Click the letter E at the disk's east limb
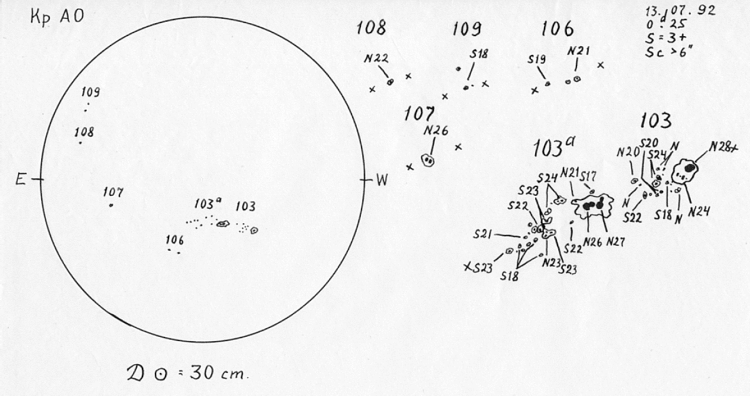(x=21, y=180)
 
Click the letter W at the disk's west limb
(x=382, y=181)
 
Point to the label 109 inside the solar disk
(x=91, y=92)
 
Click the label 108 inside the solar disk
(x=84, y=132)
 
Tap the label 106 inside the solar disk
(x=174, y=240)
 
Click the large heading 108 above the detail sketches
(x=372, y=28)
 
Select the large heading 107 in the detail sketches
(x=419, y=115)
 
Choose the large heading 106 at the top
(x=558, y=29)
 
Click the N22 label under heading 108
(x=376, y=59)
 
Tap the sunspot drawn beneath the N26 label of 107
(x=428, y=160)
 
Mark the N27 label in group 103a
(x=615, y=241)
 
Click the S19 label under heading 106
(x=537, y=59)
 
